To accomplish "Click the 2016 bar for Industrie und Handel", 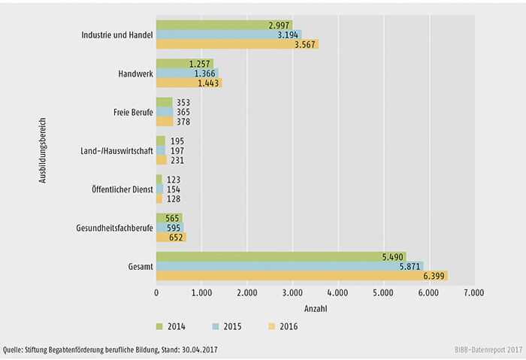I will click(x=237, y=44).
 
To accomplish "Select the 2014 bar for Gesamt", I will click(x=281, y=256).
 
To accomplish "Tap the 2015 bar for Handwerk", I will click(x=187, y=74).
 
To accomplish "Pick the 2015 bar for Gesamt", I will click(x=289, y=266).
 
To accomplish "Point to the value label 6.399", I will click(x=434, y=276).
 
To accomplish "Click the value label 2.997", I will click(x=278, y=25).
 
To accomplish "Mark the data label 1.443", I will click(x=205, y=83).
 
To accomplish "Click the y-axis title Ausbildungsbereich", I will click(x=44, y=150).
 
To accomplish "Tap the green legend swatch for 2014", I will click(x=160, y=326).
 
